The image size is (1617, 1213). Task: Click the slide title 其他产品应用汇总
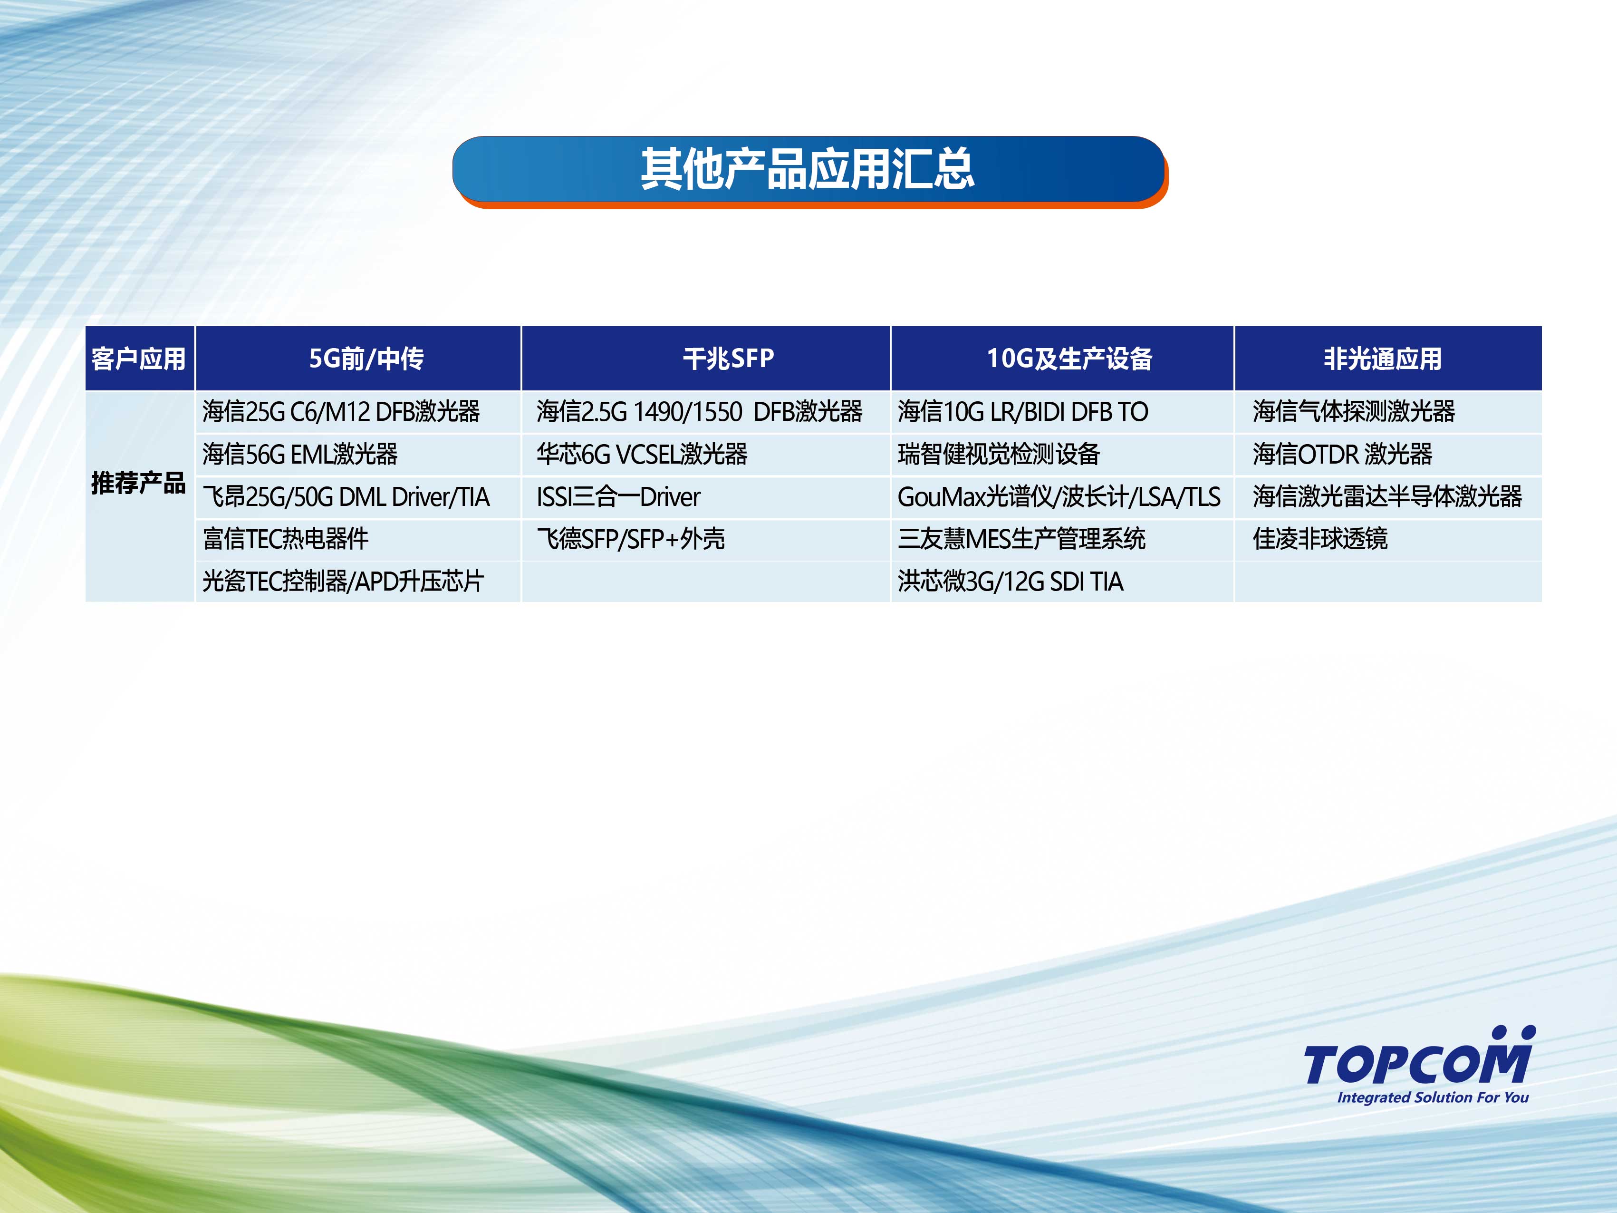tap(808, 169)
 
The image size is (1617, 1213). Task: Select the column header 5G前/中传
tap(366, 358)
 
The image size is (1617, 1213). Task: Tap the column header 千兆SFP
tap(728, 358)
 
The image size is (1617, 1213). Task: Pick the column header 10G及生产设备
tap(1069, 358)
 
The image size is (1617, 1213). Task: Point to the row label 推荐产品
tap(139, 483)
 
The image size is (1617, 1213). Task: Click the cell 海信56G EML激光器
tap(300, 454)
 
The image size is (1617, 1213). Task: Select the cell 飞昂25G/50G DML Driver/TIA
tap(346, 496)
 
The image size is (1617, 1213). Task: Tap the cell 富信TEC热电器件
tap(285, 539)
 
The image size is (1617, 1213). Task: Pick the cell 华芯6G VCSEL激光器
tap(642, 454)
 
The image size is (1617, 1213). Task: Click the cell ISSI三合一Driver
tap(618, 496)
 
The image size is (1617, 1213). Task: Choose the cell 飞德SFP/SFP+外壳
tap(631, 539)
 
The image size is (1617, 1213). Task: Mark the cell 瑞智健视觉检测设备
tap(999, 454)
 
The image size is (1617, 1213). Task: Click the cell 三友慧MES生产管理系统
tap(1021, 539)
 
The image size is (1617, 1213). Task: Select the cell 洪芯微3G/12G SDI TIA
tap(1010, 581)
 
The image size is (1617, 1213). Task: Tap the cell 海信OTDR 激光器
tap(1342, 454)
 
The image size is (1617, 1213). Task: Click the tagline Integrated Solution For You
tap(1433, 1097)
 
